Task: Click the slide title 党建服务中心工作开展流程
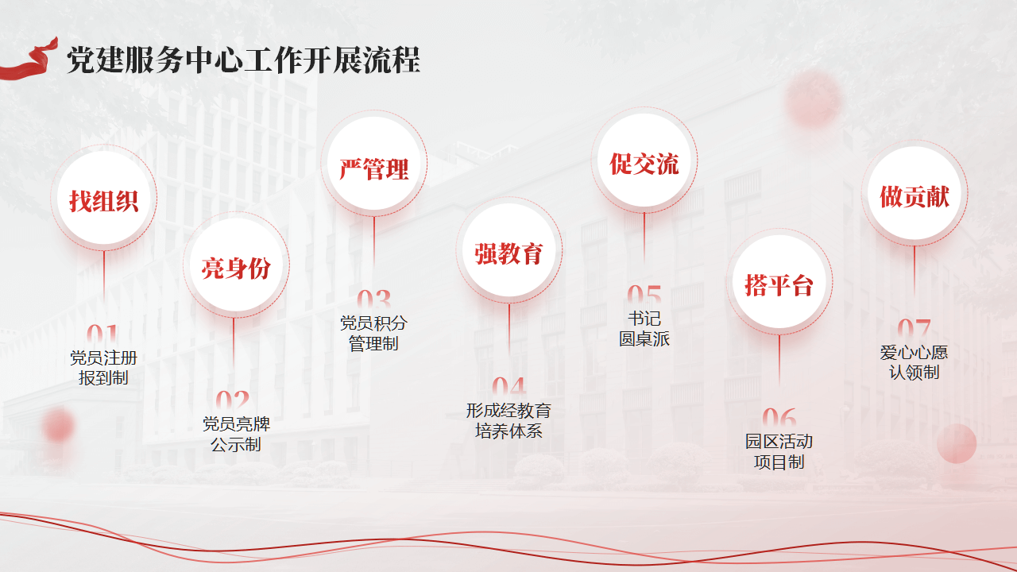coord(243,60)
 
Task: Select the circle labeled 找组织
coord(104,198)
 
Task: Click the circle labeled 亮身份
coord(236,265)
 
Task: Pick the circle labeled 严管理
coord(374,164)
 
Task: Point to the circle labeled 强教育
coord(509,250)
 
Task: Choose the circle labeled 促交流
coord(644,160)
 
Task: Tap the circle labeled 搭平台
coord(779,282)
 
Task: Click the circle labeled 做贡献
coord(915,193)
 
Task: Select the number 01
coord(103,335)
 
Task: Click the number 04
coord(509,387)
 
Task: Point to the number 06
coord(779,418)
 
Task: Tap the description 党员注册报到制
coord(103,368)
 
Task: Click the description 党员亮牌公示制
coord(236,434)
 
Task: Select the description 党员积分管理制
coord(373,333)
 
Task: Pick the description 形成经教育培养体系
coord(508,421)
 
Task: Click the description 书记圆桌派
coord(644,329)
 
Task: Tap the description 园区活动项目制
coord(779,451)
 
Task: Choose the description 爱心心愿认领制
coord(914,362)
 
